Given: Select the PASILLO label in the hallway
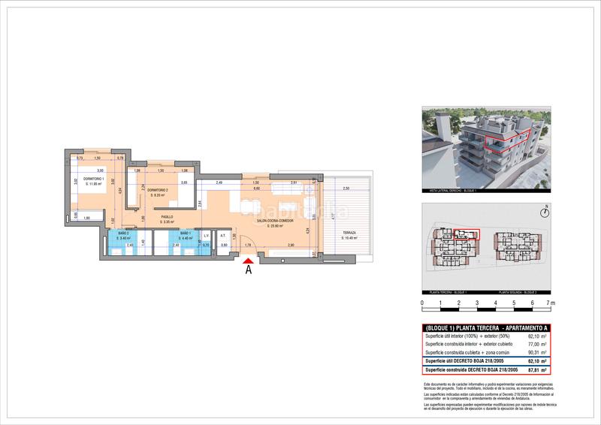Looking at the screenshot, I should [167, 217].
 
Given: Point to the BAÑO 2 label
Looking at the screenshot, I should [123, 236].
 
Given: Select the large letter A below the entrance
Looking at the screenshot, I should [248, 272].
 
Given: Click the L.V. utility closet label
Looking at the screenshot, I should [206, 236].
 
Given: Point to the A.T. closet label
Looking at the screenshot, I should [223, 236].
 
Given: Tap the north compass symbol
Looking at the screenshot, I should [548, 212].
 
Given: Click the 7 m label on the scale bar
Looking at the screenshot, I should [551, 303].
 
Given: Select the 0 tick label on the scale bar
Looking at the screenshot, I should [422, 303].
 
